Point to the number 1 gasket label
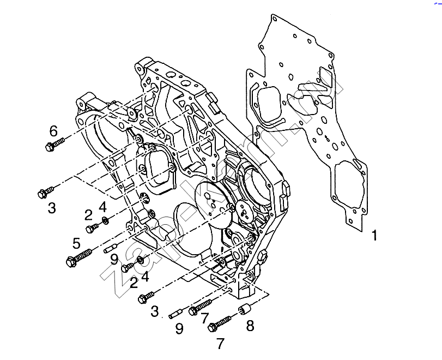click(x=374, y=236)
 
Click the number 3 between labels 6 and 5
click(x=52, y=207)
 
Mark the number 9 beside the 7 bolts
click(x=179, y=328)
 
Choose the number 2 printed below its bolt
click(x=133, y=282)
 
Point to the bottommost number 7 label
click(x=220, y=344)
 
